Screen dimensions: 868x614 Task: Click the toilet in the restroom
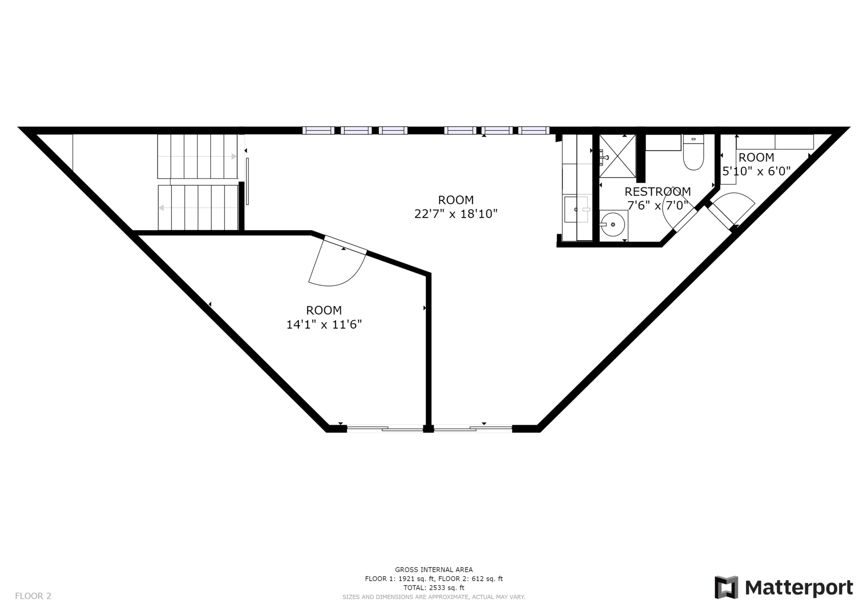[x=693, y=152]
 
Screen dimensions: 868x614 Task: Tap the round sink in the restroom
[x=612, y=225]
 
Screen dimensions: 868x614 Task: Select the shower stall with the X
[x=618, y=156]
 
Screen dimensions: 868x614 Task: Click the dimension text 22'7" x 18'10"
[x=456, y=214]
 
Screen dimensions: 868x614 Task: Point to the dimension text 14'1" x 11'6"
[x=324, y=325]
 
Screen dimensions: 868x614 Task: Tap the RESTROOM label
[x=658, y=192]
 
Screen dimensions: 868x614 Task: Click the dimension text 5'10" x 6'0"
[x=757, y=171]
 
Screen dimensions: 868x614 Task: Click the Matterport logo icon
[x=726, y=587]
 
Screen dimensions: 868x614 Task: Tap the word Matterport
[x=799, y=588]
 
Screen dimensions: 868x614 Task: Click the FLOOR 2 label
[x=33, y=596]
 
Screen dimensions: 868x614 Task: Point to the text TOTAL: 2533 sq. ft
[x=434, y=588]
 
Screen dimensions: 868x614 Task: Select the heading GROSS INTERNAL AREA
[x=434, y=569]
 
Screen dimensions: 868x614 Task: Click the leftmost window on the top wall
[x=318, y=131]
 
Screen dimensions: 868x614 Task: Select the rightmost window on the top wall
[x=534, y=131]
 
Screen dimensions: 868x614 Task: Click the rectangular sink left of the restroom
[x=576, y=209]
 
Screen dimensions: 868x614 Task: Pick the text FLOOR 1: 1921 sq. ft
[x=400, y=579]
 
